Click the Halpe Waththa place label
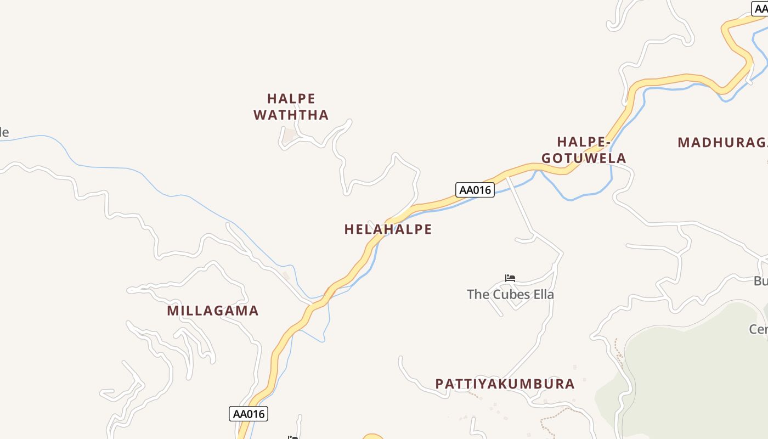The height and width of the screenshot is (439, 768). pyautogui.click(x=291, y=107)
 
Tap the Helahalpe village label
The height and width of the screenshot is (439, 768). pyautogui.click(x=388, y=229)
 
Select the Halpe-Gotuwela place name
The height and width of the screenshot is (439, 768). pyautogui.click(x=584, y=150)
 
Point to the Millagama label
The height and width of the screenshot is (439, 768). pyautogui.click(x=213, y=311)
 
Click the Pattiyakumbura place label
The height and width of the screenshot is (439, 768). pyautogui.click(x=505, y=384)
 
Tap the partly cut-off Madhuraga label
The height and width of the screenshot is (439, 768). pyautogui.click(x=722, y=143)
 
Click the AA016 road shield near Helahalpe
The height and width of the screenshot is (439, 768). pyautogui.click(x=475, y=190)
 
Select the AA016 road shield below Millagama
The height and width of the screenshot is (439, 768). pyautogui.click(x=249, y=414)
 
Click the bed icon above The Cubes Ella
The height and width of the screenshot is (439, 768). pyautogui.click(x=510, y=278)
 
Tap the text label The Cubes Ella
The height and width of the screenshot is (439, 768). pyautogui.click(x=510, y=295)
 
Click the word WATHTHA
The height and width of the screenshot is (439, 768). pyautogui.click(x=291, y=115)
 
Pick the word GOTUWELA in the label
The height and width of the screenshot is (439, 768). pyautogui.click(x=584, y=159)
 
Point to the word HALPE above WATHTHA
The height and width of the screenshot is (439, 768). pyautogui.click(x=291, y=99)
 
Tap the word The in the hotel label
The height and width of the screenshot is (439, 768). pyautogui.click(x=477, y=295)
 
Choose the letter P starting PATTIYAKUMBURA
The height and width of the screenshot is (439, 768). pyautogui.click(x=439, y=384)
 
